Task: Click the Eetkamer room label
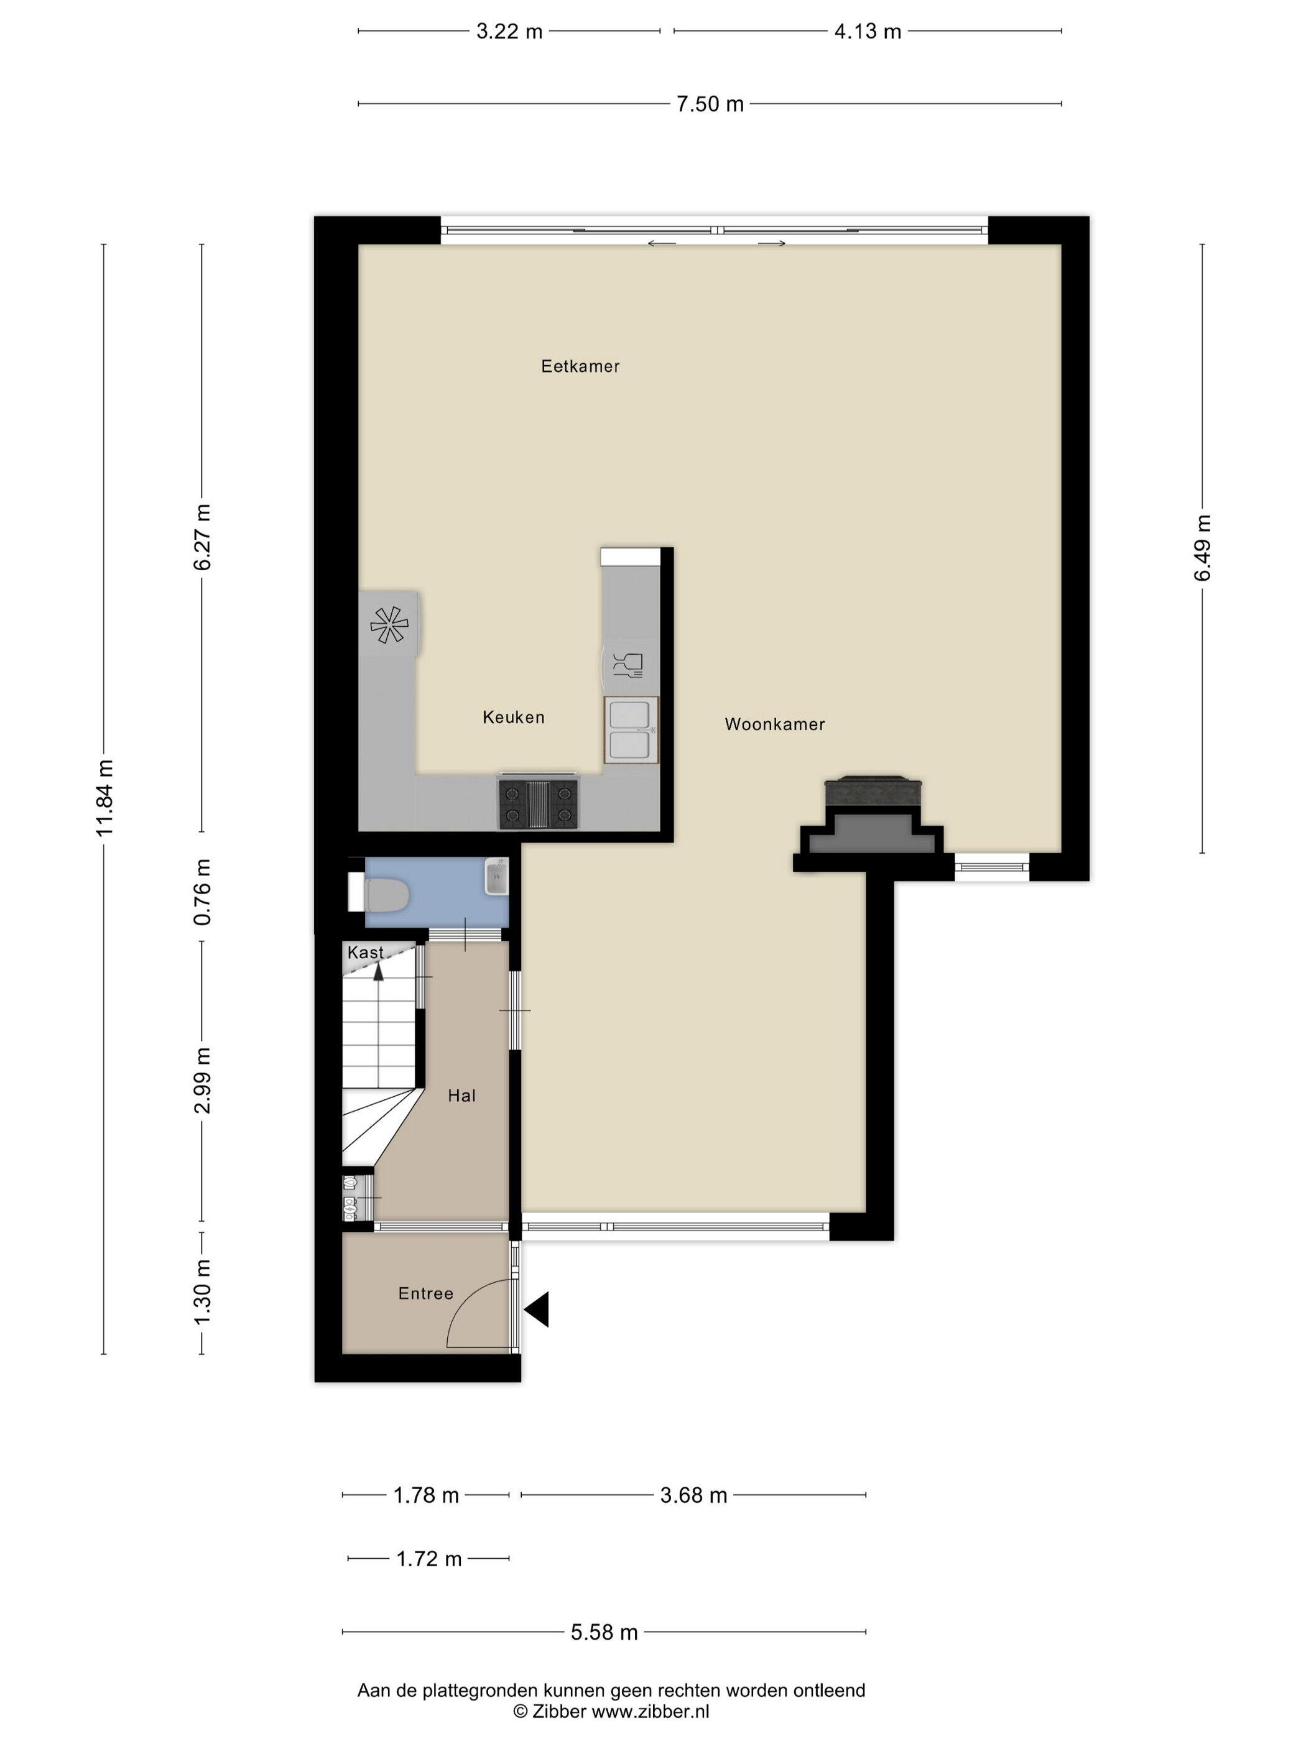click(x=580, y=366)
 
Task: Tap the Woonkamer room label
click(x=775, y=724)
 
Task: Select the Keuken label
click(x=513, y=717)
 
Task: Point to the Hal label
click(x=461, y=1096)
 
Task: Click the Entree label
click(x=426, y=1293)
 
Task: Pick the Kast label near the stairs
click(x=365, y=953)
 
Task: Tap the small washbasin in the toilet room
click(x=496, y=876)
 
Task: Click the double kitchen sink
click(x=631, y=729)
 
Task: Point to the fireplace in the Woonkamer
click(x=873, y=823)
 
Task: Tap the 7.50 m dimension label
click(x=710, y=104)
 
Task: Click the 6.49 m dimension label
click(x=1202, y=548)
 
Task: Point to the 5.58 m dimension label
click(x=604, y=1632)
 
